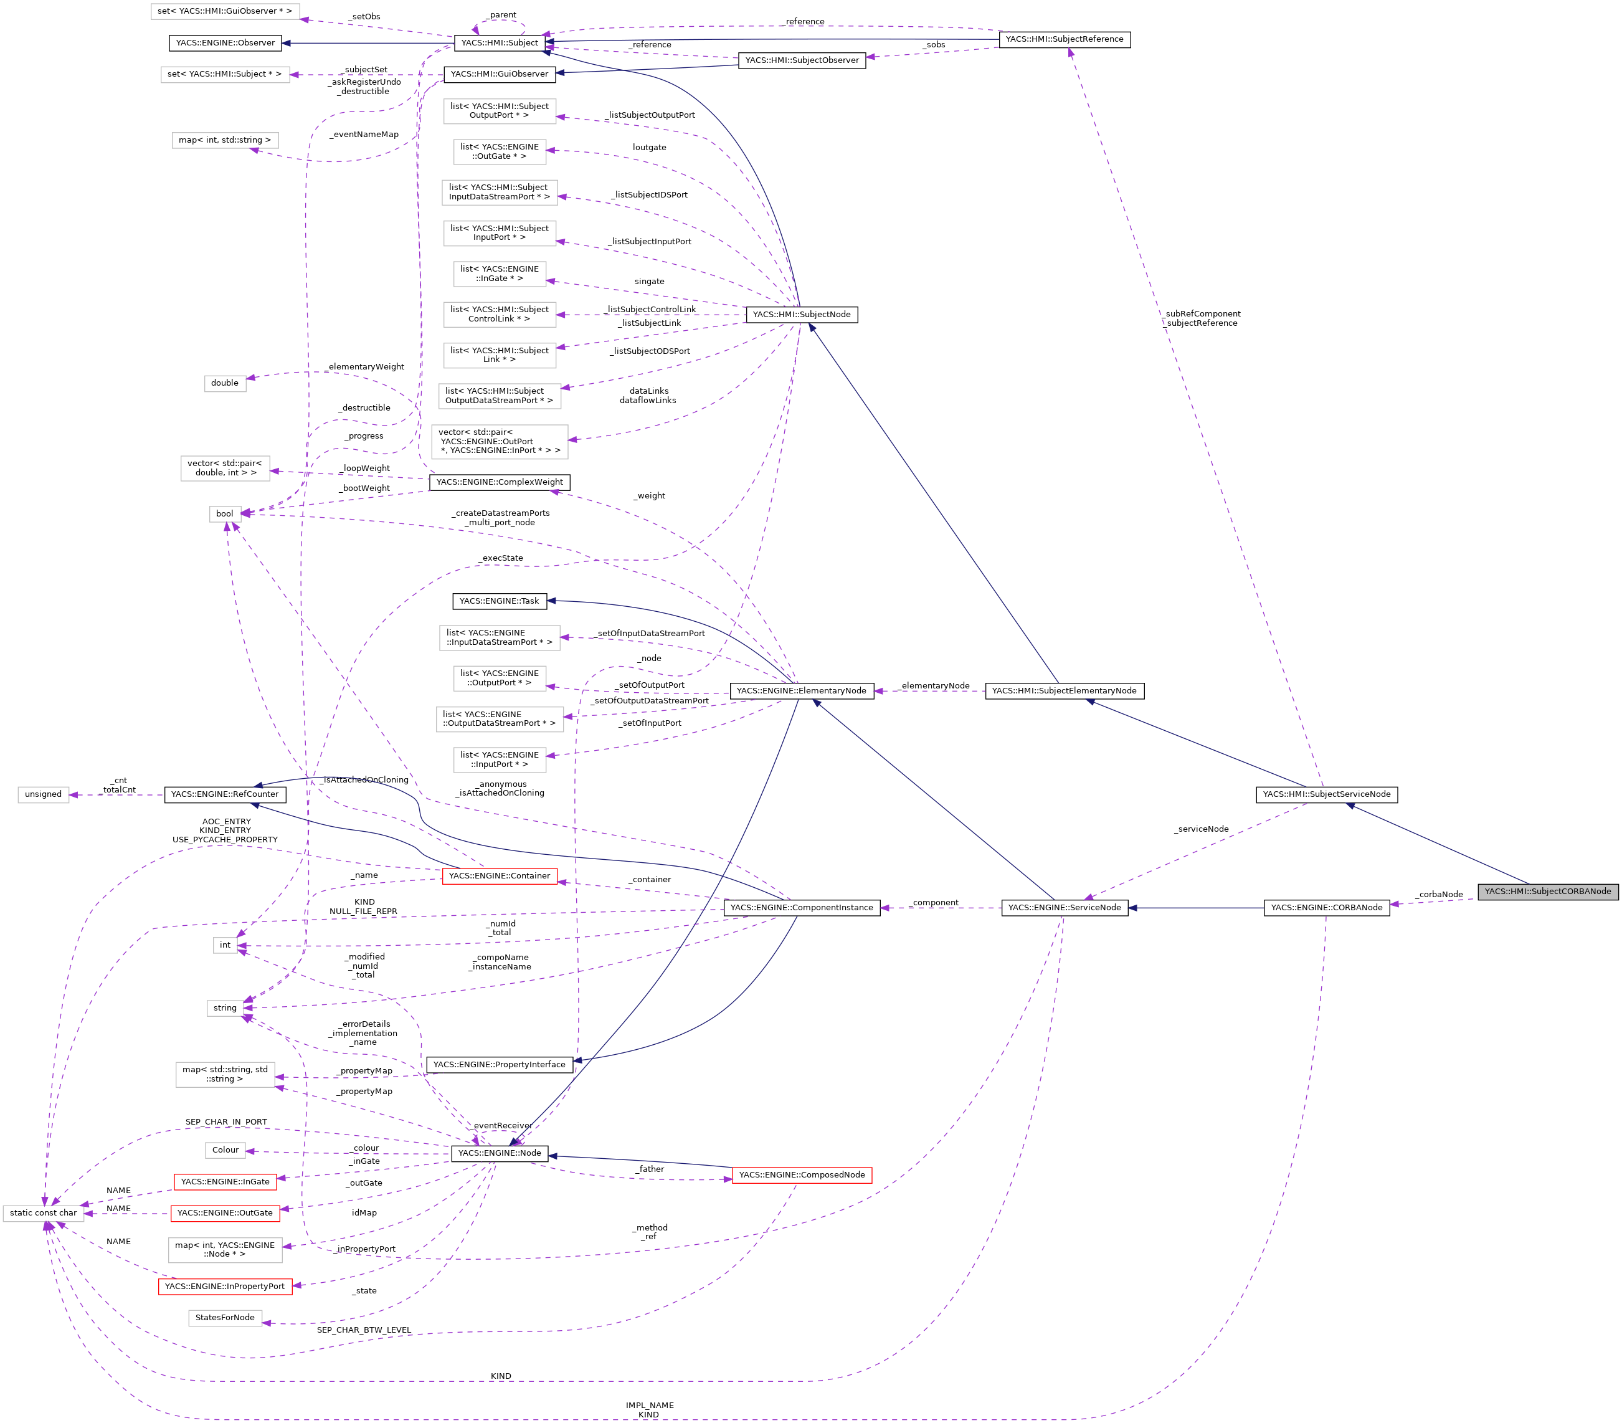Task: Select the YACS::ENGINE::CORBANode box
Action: click(x=1326, y=907)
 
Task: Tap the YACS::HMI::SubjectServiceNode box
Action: click(x=1326, y=794)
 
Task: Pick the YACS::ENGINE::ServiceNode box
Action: click(x=1064, y=907)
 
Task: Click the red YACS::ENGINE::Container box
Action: click(x=499, y=875)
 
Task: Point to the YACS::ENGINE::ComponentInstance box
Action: click(x=802, y=907)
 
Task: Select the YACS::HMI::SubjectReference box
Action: click(x=1064, y=39)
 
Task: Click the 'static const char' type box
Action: click(x=43, y=1212)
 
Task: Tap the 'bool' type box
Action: click(x=225, y=513)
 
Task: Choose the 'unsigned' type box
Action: click(x=43, y=794)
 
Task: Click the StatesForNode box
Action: click(x=225, y=1318)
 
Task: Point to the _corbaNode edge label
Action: click(x=1439, y=895)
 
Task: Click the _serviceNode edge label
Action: click(x=1202, y=829)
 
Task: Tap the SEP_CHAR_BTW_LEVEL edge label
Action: click(x=364, y=1330)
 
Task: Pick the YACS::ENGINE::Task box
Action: click(x=499, y=601)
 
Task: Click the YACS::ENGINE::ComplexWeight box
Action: click(x=499, y=482)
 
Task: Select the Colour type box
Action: click(x=225, y=1149)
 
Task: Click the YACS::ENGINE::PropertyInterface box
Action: click(x=499, y=1064)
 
